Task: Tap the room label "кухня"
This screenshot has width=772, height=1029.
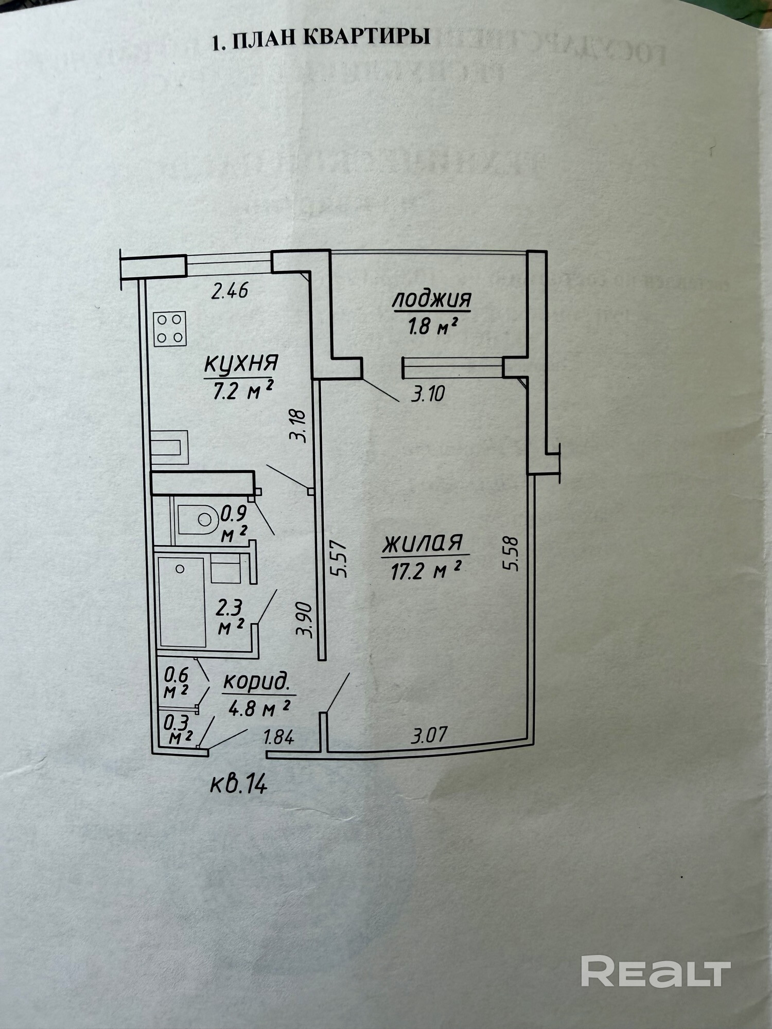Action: [x=241, y=363]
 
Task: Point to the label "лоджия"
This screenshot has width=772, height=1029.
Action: [x=432, y=299]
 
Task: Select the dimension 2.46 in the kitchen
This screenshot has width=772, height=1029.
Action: [x=230, y=291]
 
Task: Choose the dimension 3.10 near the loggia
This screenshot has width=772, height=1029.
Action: [x=428, y=395]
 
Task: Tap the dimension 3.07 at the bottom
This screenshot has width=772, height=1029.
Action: [x=429, y=735]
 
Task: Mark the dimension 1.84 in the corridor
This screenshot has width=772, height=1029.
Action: [x=278, y=737]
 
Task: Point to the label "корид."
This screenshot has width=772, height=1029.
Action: [x=256, y=682]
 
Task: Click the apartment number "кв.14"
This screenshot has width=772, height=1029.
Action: [x=239, y=785]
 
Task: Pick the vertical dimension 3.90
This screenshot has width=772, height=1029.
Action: [x=305, y=620]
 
